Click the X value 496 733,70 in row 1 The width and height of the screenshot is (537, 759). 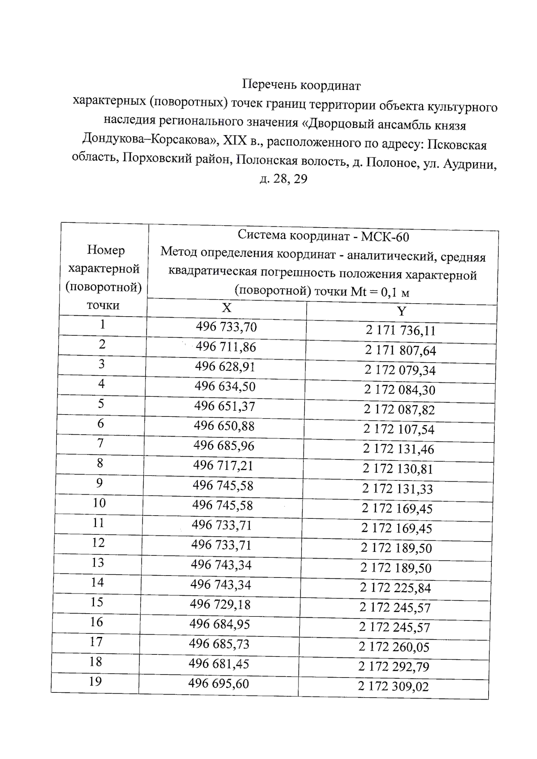pos(226,327)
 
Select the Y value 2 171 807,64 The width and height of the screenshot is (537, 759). pos(400,351)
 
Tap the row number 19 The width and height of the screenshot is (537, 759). pos(95,682)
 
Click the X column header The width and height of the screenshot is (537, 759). pos(227,308)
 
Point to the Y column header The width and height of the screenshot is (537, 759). pos(402,311)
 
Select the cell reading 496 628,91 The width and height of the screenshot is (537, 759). pos(225,367)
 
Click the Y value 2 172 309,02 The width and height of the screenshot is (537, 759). pos(393,686)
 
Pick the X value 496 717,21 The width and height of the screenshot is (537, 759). pos(223,466)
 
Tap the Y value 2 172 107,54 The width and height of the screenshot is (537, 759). pos(399,429)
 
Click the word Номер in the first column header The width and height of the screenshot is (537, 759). pos(106,250)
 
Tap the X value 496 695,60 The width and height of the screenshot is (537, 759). pos(218,683)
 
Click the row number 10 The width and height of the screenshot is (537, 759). pos(99,503)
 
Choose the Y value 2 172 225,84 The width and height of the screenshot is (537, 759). pos(396,588)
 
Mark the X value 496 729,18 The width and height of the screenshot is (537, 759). pos(220,604)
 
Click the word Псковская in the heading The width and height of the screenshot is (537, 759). pos(457,144)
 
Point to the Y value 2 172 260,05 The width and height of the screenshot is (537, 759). pos(394,647)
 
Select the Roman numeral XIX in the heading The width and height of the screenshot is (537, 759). pos(234,140)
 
